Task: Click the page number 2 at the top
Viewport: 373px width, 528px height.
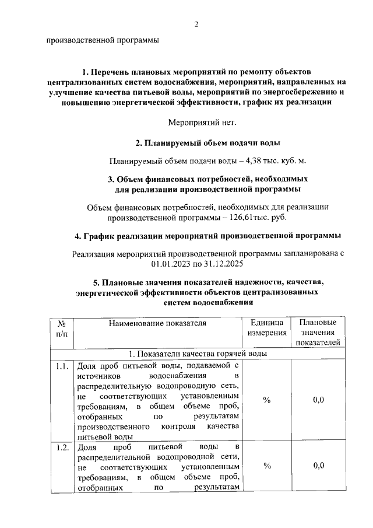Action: (196, 24)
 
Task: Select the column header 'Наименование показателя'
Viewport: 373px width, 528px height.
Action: (157, 323)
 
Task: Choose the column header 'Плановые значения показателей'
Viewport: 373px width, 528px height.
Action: (318, 333)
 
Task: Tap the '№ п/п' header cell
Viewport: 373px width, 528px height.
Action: (62, 327)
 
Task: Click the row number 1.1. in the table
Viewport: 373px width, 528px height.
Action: (62, 367)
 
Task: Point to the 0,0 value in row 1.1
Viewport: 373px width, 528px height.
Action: (318, 400)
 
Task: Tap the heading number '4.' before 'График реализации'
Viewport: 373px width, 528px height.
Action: (79, 236)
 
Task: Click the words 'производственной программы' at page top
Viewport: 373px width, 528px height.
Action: (102, 41)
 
